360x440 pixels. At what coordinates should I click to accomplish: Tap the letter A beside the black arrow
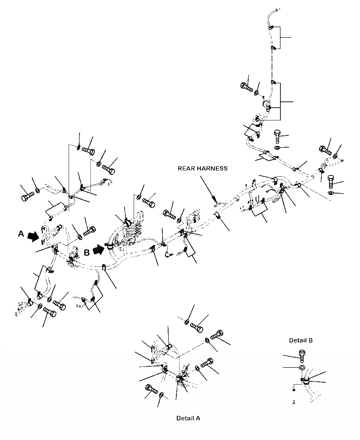click(20, 234)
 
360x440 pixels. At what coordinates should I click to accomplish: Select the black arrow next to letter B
click(99, 249)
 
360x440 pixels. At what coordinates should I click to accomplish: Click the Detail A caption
click(188, 418)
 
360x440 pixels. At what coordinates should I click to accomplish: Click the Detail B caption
click(300, 340)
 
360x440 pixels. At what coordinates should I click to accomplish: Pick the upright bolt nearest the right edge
click(330, 181)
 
